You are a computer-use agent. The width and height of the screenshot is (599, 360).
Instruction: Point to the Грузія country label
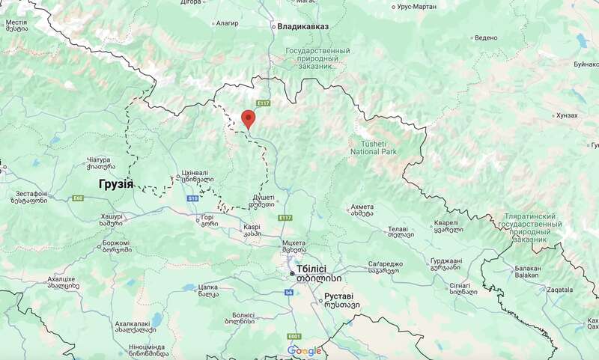(115, 183)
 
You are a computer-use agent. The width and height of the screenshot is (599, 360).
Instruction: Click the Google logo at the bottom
(304, 351)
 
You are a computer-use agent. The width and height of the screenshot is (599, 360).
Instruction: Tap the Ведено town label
(485, 37)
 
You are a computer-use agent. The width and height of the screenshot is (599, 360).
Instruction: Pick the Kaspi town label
(251, 226)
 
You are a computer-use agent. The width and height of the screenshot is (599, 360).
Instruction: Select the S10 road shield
(192, 198)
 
